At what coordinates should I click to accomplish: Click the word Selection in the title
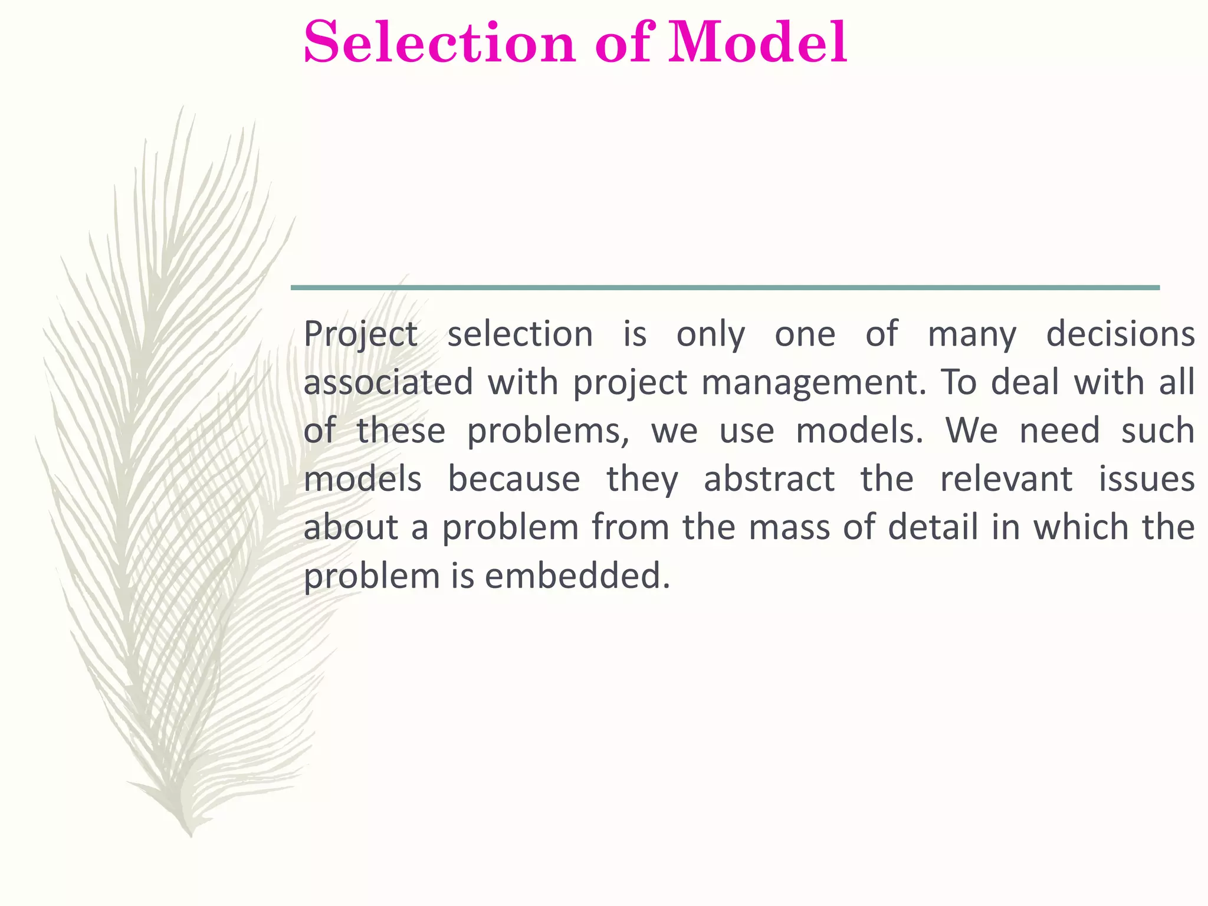pyautogui.click(x=439, y=42)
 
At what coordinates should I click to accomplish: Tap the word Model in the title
pyautogui.click(x=757, y=42)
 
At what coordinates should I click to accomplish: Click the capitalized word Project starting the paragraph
pyautogui.click(x=360, y=334)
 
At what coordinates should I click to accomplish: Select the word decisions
pyautogui.click(x=1120, y=334)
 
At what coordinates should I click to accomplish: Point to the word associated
pyautogui.click(x=388, y=382)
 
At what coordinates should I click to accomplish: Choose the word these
pyautogui.click(x=401, y=431)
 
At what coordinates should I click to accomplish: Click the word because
pyautogui.click(x=514, y=479)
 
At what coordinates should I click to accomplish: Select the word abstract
pyautogui.click(x=769, y=479)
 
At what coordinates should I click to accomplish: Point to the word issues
pyautogui.click(x=1147, y=479)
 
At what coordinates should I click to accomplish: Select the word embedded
pyautogui.click(x=577, y=576)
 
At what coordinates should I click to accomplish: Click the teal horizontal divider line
pyautogui.click(x=725, y=288)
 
